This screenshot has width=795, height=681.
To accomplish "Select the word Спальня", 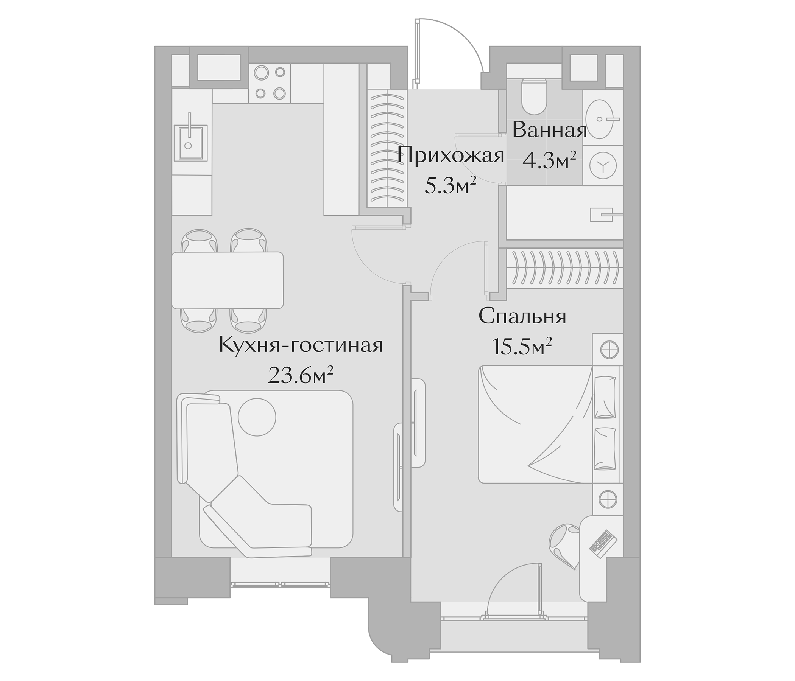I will (x=522, y=317).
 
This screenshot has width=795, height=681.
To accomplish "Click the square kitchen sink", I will (x=191, y=143).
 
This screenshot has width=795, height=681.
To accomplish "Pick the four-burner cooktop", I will (x=270, y=83).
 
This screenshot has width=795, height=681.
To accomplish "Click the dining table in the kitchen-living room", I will (x=228, y=280).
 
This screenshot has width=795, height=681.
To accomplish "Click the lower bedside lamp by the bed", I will (x=609, y=499).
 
